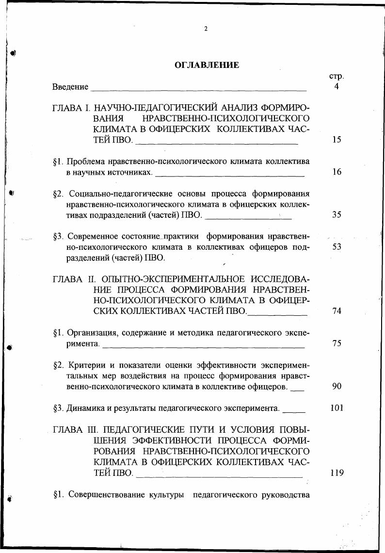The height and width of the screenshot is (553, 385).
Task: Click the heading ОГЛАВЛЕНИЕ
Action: point(207,65)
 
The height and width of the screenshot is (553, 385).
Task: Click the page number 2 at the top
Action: point(206,29)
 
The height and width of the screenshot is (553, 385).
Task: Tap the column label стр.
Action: point(336,76)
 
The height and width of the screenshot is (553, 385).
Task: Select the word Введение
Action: point(71,87)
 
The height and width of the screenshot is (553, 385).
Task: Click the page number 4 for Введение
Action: point(336,87)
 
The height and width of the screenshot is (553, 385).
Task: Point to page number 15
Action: point(337,140)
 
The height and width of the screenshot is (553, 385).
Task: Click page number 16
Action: point(337,172)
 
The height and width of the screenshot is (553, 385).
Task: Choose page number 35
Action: point(337,215)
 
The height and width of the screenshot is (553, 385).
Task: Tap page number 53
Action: point(337,247)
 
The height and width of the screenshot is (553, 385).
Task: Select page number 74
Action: point(337,311)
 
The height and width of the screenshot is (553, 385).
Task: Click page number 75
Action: point(337,343)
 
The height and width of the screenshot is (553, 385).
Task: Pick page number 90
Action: point(337,386)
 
